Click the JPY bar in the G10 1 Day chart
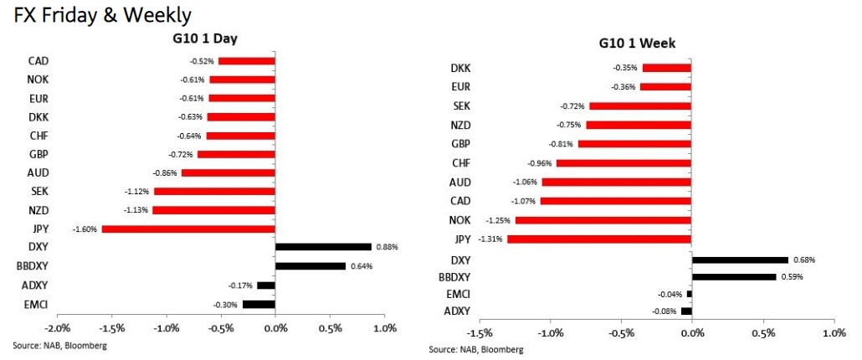coord(188,229)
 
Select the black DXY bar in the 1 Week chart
coord(740,260)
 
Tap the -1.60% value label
coord(85,229)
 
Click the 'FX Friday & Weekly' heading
coord(97,14)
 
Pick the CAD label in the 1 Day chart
coord(38,60)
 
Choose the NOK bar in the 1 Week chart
coord(603,220)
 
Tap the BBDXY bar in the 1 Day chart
coord(310,266)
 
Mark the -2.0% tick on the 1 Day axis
coord(57,327)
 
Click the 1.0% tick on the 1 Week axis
coord(834,333)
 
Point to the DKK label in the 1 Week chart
coord(460,68)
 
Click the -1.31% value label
coord(492,239)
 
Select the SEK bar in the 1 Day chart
coord(215,191)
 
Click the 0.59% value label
coord(792,276)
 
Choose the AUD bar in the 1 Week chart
coord(616,182)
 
